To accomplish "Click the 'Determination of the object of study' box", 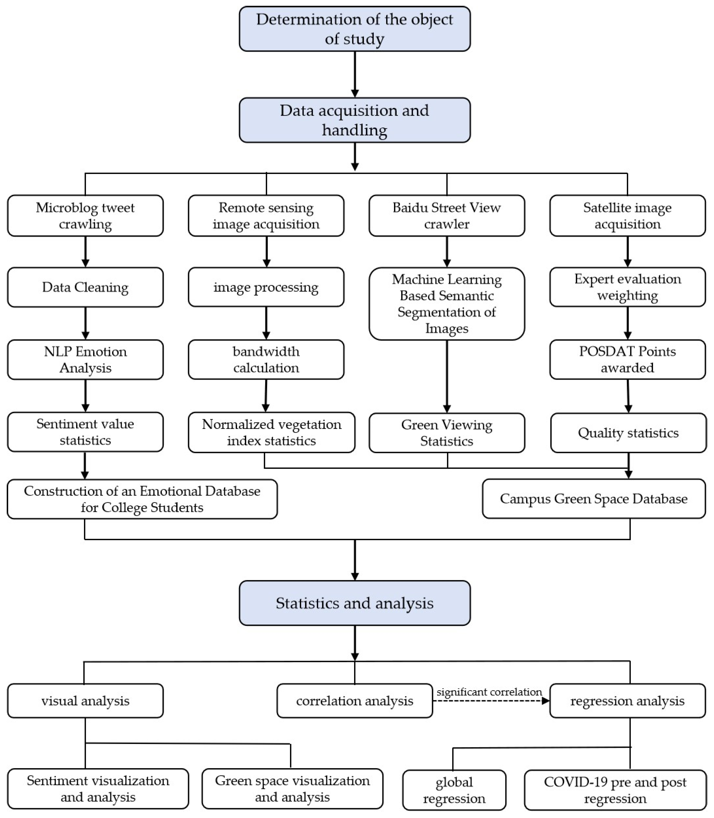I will point(355,29).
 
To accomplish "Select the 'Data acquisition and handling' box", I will point(355,120).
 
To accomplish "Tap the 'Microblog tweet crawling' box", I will point(85,216).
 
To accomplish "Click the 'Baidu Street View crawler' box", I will point(447,216).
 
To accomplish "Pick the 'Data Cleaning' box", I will point(85,287).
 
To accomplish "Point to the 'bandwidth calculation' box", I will point(266,359).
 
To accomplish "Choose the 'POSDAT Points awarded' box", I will point(628,359).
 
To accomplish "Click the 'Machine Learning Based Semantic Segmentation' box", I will point(447,304).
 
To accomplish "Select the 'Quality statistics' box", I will point(628,433).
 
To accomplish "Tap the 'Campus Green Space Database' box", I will point(594,499).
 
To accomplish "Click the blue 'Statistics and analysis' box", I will point(355,603).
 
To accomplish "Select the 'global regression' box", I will point(454,790).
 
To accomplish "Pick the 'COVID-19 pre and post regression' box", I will point(615,790).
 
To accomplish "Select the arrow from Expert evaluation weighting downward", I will point(628,323).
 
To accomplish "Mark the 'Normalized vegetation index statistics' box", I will point(271,433).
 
